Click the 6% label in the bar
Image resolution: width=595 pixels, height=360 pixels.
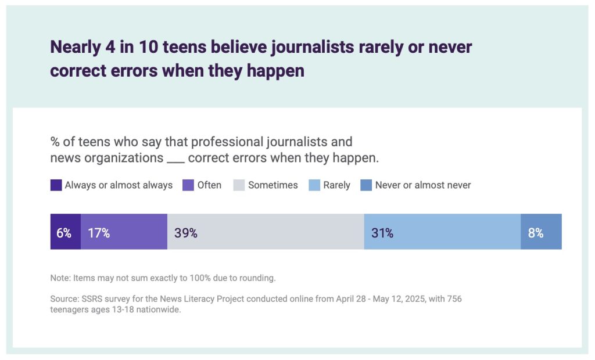pyautogui.click(x=64, y=233)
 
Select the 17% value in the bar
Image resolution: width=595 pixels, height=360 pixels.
pyautogui.click(x=99, y=233)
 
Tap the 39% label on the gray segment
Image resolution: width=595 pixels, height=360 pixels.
pyautogui.click(x=185, y=233)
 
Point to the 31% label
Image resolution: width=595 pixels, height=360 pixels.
pyautogui.click(x=382, y=233)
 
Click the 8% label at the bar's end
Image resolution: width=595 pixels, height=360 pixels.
pyautogui.click(x=535, y=233)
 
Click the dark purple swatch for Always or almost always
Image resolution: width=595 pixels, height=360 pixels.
pyautogui.click(x=56, y=185)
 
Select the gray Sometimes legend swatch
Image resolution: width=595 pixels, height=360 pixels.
pyautogui.click(x=239, y=185)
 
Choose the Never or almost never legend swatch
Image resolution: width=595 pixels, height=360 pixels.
pyautogui.click(x=366, y=185)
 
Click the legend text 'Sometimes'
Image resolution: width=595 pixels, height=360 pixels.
pyautogui.click(x=273, y=185)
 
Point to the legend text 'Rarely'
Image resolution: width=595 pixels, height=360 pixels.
pyautogui.click(x=337, y=185)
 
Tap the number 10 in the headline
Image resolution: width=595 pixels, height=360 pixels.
pyautogui.click(x=139, y=47)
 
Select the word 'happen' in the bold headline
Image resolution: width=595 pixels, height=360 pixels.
pyautogui.click(x=278, y=70)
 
